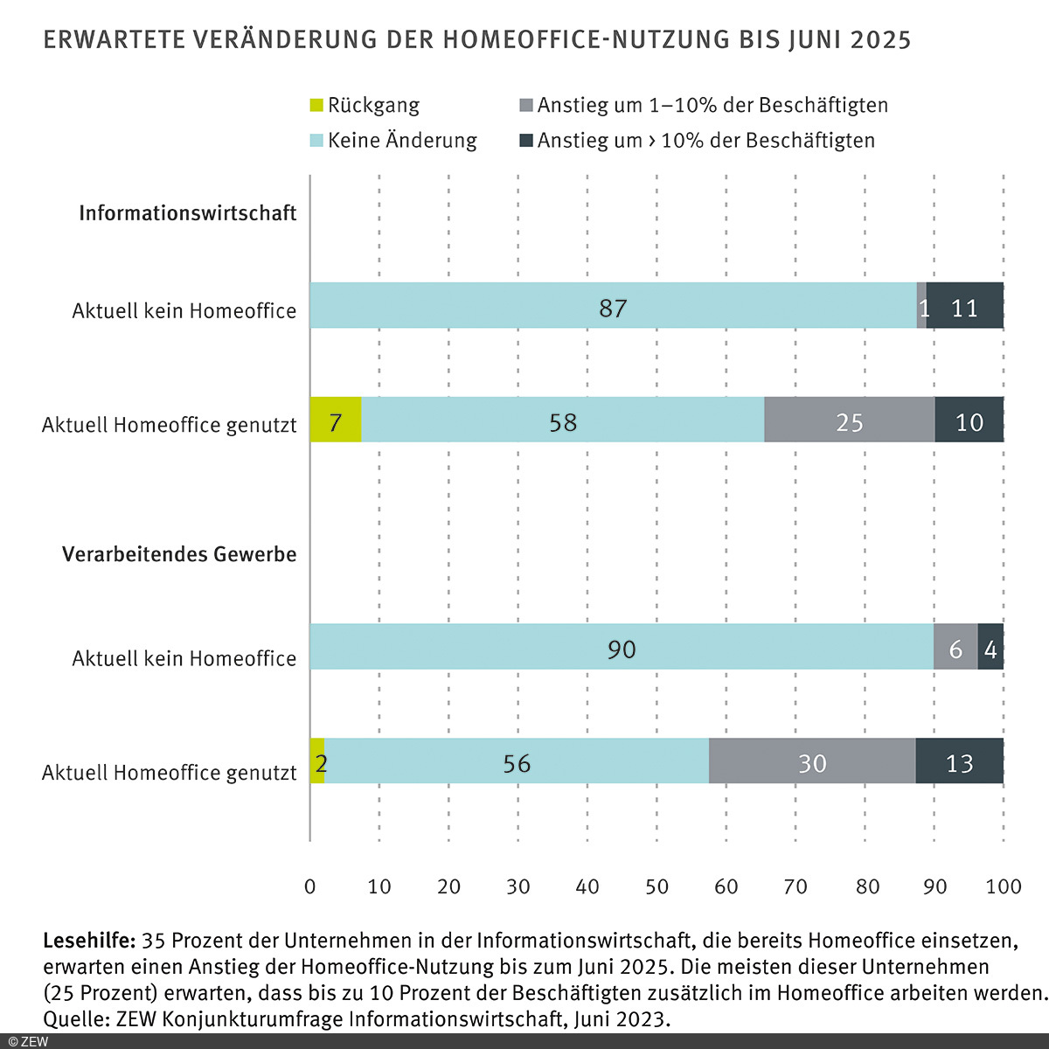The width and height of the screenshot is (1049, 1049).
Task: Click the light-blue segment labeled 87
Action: (x=612, y=306)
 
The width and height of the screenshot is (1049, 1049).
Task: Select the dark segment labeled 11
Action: (x=964, y=306)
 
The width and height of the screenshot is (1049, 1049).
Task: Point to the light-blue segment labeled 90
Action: (x=621, y=647)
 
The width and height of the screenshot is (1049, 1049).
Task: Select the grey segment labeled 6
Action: (x=955, y=647)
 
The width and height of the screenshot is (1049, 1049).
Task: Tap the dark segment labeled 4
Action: (x=990, y=647)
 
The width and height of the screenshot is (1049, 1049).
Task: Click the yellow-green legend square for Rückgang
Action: (x=316, y=106)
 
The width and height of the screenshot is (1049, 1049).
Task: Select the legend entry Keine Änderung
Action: (x=402, y=141)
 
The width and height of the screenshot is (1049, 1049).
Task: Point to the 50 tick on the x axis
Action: (x=656, y=886)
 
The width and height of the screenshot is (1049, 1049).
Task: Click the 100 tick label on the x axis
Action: (x=1003, y=886)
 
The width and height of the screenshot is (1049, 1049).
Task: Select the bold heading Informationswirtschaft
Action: (x=187, y=213)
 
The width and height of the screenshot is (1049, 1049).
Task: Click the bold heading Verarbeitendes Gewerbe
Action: (x=179, y=554)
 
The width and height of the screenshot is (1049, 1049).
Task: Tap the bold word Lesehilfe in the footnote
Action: (x=88, y=941)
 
